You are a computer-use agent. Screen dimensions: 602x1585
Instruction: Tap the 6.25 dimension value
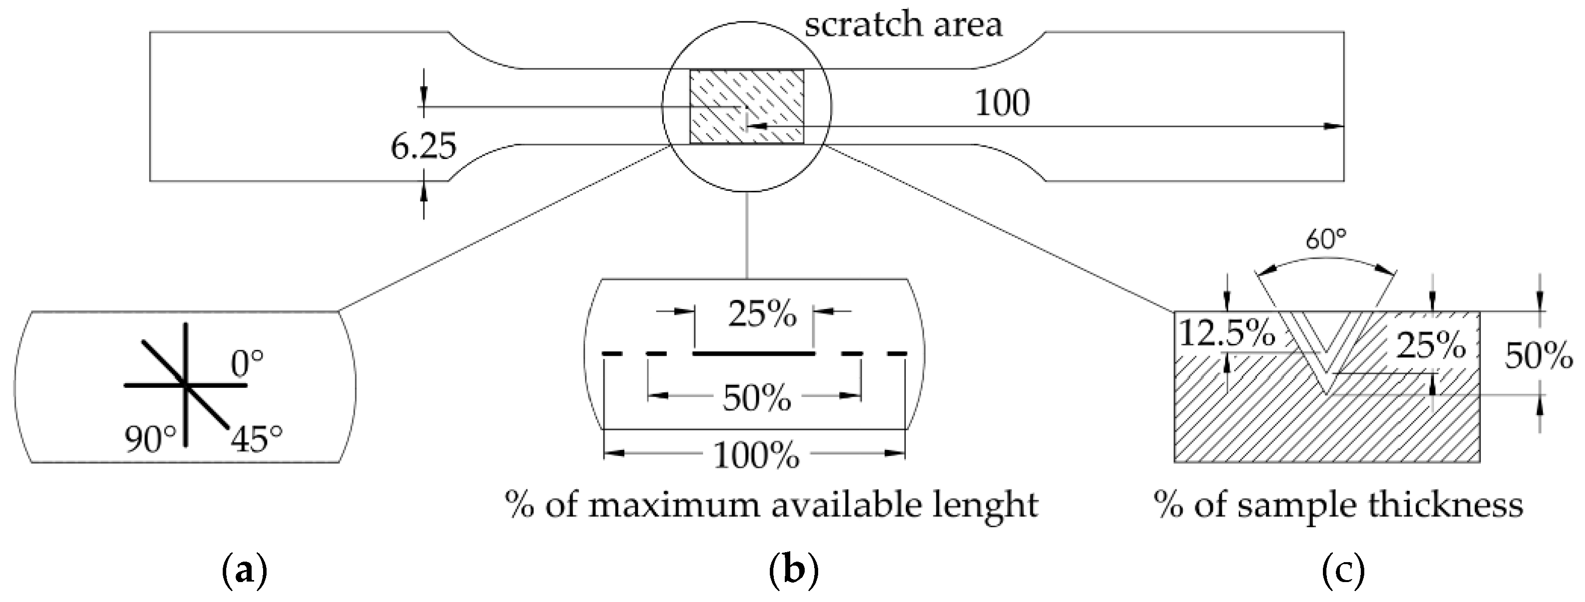click(x=424, y=147)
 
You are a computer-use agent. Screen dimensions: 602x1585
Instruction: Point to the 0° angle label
click(x=247, y=364)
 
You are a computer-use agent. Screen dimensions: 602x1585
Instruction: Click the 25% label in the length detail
click(x=762, y=315)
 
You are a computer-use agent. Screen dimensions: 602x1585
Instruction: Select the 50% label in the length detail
click(x=757, y=398)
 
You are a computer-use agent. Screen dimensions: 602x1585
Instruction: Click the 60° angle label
click(x=1326, y=239)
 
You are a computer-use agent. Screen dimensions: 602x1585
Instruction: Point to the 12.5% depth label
click(x=1226, y=335)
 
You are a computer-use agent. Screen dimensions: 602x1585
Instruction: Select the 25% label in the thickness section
click(x=1431, y=346)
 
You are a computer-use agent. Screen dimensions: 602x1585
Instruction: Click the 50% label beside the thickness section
click(x=1539, y=356)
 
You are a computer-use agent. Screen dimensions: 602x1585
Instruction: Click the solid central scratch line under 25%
click(x=754, y=354)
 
